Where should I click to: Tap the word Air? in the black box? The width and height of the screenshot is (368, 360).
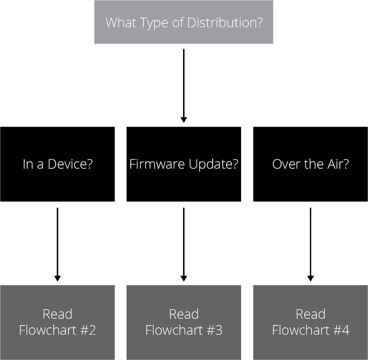click(338, 164)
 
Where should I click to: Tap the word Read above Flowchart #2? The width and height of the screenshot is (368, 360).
click(57, 314)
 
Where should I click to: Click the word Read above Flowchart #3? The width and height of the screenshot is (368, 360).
click(184, 314)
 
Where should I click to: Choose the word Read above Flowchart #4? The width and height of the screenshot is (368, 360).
click(310, 314)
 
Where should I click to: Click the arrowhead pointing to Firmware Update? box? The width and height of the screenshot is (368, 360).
click(184, 120)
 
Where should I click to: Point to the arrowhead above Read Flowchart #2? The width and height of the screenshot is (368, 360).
click(57, 278)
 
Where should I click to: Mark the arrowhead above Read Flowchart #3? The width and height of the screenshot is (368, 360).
click(184, 278)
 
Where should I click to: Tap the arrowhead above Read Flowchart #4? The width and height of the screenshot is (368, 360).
click(310, 278)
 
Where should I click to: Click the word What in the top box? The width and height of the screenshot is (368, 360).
click(121, 23)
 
